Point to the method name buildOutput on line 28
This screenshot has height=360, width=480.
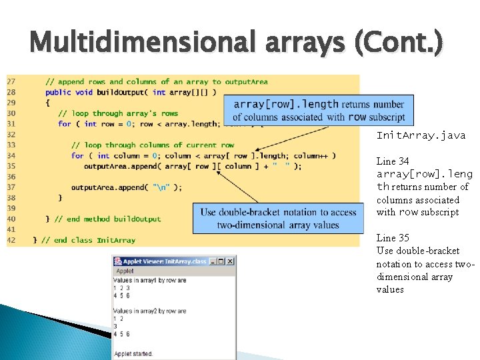click(122, 92)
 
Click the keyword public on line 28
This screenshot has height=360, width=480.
click(58, 92)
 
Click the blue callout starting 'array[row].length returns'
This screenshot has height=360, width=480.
click(319, 110)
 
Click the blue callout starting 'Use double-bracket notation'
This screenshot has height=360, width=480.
click(278, 218)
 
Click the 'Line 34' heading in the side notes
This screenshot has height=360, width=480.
click(393, 161)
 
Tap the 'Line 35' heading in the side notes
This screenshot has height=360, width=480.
click(393, 238)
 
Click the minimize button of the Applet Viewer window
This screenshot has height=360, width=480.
click(213, 261)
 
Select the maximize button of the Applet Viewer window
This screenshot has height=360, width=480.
click(221, 261)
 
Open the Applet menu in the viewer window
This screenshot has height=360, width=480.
click(125, 271)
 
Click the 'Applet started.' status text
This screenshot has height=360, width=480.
click(134, 353)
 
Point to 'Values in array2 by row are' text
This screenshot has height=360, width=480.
click(149, 311)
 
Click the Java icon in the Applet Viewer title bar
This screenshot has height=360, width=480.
click(117, 261)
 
